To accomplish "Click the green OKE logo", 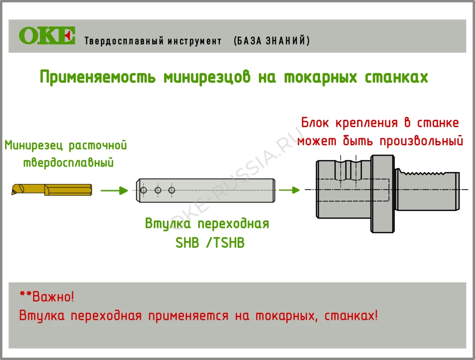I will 47,36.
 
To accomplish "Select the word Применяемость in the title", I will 98,77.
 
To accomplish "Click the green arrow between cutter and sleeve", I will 114,190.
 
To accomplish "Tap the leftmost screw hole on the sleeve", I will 144,191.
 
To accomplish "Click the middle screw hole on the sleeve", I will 158,190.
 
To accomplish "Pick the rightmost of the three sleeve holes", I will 172,190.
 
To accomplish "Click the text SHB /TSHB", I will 210,243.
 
